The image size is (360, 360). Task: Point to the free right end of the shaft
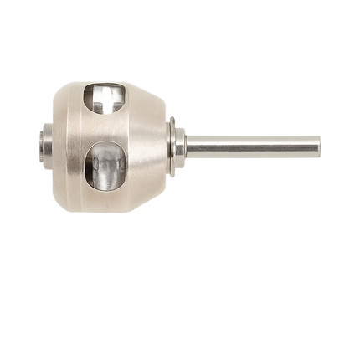pyautogui.click(x=319, y=147)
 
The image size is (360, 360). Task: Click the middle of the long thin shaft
pyautogui.click(x=251, y=147)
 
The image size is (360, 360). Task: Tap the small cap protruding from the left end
pyautogui.click(x=42, y=144)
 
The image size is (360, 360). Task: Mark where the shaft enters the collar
pyautogui.click(x=187, y=147)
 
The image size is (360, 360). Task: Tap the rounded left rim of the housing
pyautogui.click(x=52, y=144)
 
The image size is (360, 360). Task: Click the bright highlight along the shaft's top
pyautogui.click(x=251, y=137)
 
